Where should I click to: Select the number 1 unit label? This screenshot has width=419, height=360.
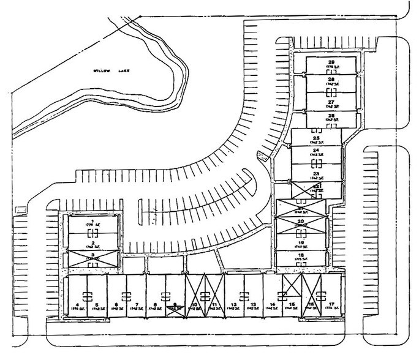point(92,220)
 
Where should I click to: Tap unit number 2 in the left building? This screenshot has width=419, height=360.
point(92,242)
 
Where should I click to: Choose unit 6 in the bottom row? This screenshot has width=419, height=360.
point(116,304)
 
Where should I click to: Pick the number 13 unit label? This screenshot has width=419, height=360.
point(253,304)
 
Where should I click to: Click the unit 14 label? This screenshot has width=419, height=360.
point(272,304)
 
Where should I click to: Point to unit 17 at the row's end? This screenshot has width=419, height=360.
point(331,304)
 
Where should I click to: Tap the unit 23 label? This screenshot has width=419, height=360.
point(316,174)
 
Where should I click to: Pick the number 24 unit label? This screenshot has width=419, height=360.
point(316,149)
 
